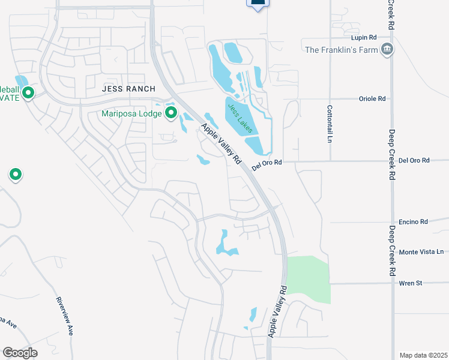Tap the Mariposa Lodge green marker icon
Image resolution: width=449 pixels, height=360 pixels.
coord(171,112)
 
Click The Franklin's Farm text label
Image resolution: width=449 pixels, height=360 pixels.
coord(342,50)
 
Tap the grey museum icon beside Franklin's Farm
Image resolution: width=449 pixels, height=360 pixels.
coord(387,49)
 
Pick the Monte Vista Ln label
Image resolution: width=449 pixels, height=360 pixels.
coord(421,252)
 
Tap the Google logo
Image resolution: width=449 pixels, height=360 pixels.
coord(20,353)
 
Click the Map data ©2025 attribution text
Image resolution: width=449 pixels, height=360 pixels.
coord(423,355)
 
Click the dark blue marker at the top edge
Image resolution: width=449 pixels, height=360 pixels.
coord(258,3)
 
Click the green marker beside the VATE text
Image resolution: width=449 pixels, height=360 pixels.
coord(28,93)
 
